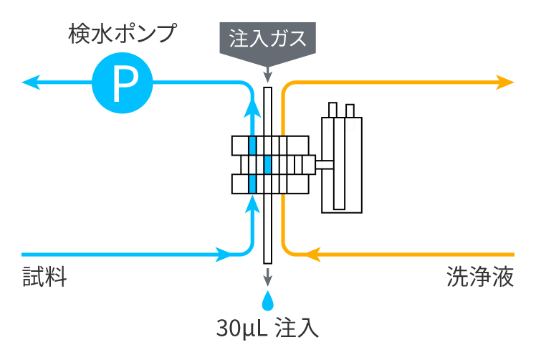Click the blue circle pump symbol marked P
click(123, 84)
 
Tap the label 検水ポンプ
click(123, 33)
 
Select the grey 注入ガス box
click(267, 39)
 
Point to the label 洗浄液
click(480, 278)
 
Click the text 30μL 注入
click(267, 328)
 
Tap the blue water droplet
click(267, 298)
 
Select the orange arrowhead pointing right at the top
click(505, 82)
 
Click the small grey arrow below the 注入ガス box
click(267, 75)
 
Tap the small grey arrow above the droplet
click(267, 276)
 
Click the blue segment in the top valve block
click(252, 145)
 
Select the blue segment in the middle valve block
click(267, 165)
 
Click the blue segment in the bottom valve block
click(252, 184)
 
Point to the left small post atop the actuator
click(332, 110)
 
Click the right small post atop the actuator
click(350, 110)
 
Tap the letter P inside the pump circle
click(123, 84)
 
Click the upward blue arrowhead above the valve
click(252, 107)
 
